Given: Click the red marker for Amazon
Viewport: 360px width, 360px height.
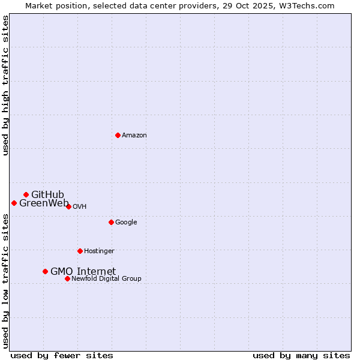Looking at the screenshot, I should pyautogui.click(x=118, y=135).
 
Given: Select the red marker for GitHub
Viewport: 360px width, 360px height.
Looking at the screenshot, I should pyautogui.click(x=26, y=194).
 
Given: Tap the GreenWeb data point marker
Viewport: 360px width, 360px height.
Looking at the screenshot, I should pyautogui.click(x=14, y=203).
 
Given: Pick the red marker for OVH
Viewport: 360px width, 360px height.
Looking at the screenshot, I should pyautogui.click(x=68, y=206).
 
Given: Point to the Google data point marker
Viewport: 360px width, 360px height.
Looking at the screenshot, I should pyautogui.click(x=111, y=222).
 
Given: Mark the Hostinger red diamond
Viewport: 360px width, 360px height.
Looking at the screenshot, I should pyautogui.click(x=80, y=251).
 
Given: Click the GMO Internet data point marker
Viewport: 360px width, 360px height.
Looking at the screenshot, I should pyautogui.click(x=45, y=271).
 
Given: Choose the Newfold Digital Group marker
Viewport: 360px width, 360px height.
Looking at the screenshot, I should pyautogui.click(x=67, y=278).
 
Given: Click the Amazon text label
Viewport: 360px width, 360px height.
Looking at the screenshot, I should pyautogui.click(x=134, y=136).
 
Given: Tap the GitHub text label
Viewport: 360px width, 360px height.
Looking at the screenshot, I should pyautogui.click(x=47, y=194).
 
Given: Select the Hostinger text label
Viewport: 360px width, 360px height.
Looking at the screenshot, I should pyautogui.click(x=99, y=251).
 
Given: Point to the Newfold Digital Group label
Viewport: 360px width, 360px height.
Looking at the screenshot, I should pyautogui.click(x=106, y=278).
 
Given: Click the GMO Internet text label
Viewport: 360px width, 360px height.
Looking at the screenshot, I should pyautogui.click(x=83, y=271).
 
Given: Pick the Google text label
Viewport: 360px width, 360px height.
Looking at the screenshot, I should pyautogui.click(x=126, y=222).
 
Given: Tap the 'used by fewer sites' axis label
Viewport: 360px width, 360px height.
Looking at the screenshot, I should pyautogui.click(x=62, y=355).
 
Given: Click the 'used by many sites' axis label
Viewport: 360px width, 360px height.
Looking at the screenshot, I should pyautogui.click(x=301, y=355).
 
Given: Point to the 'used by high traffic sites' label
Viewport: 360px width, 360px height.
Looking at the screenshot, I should pyautogui.click(x=6, y=86).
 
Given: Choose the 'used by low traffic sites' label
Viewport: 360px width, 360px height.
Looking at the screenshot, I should pyautogui.click(x=6, y=280).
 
